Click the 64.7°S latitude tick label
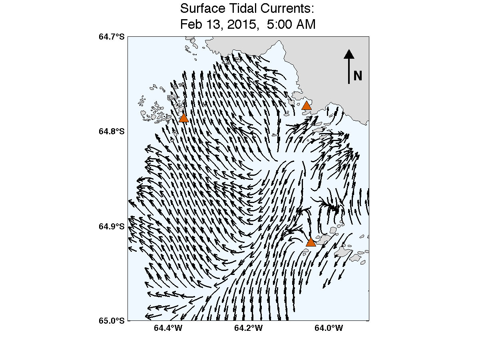point(112,37)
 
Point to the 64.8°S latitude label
point(112,131)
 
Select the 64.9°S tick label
point(112,227)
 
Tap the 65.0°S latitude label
point(112,320)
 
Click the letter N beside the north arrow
point(358,76)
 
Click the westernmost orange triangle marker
point(183,118)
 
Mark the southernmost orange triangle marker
point(311,242)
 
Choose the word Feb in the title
point(189,24)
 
